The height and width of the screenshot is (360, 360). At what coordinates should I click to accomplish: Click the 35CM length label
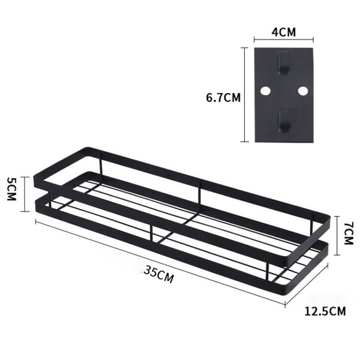(x=159, y=275)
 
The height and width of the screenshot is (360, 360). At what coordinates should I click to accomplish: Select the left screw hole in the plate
(x=266, y=92)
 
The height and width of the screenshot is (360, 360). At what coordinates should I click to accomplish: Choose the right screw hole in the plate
(x=302, y=92)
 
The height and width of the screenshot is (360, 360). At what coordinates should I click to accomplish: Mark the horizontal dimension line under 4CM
(x=284, y=41)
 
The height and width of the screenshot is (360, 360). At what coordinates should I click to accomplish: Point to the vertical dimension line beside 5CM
(x=24, y=193)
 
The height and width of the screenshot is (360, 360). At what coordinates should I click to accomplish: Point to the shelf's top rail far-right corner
(x=328, y=218)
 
